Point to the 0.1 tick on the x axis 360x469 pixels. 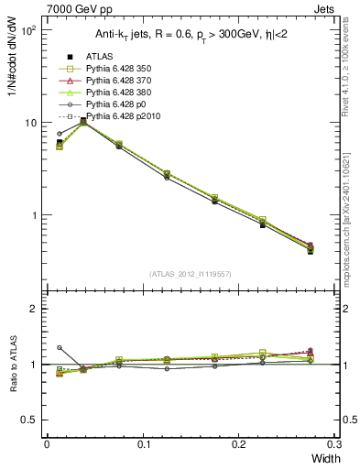[143, 444]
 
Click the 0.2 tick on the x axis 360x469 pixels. [239, 444]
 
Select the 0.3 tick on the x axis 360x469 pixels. [334, 444]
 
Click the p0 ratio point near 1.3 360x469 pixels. [60, 348]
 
